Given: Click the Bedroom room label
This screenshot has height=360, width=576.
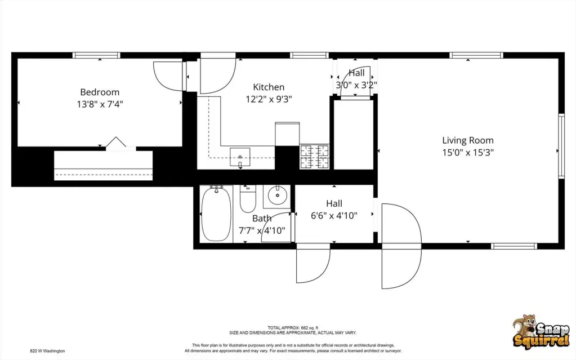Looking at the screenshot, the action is click(100, 92).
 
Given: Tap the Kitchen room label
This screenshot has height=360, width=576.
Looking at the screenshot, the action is click(269, 87).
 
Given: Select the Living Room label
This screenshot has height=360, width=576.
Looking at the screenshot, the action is click(468, 140).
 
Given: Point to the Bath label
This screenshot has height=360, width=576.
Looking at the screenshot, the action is click(262, 219).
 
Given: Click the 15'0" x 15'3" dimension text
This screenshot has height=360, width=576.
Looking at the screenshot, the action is click(468, 152).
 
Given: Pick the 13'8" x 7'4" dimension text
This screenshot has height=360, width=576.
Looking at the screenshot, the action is click(100, 104).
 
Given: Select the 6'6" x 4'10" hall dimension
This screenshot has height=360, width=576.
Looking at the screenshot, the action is click(334, 215).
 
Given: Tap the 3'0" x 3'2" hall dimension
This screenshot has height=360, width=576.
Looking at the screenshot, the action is click(356, 85).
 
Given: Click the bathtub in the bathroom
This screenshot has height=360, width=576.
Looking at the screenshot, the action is click(216, 214).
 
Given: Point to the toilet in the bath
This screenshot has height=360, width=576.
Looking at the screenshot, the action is click(248, 199).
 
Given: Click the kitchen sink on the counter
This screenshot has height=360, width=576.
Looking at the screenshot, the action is click(240, 157).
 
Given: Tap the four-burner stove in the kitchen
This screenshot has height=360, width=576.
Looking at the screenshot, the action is click(314, 156).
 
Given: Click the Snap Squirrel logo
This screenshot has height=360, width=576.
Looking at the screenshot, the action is click(541, 331).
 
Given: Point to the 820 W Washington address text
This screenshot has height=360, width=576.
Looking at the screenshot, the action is click(47, 351).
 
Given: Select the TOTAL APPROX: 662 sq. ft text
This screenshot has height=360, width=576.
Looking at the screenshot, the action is click(293, 328).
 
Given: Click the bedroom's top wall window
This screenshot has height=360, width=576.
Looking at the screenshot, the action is click(96, 55).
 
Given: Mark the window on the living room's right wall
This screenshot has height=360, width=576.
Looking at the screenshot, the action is click(561, 146).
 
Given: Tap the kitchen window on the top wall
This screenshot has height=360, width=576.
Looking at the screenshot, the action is click(309, 55).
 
